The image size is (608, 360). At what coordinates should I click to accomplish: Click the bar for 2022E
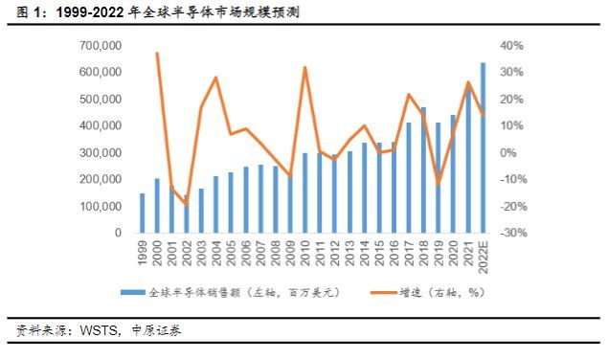[483, 147]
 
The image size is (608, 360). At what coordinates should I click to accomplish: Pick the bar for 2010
[304, 192]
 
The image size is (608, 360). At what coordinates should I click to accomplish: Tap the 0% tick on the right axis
[509, 153]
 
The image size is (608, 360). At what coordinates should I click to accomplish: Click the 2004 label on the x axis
[216, 255]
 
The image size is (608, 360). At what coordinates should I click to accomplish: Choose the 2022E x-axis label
[483, 259]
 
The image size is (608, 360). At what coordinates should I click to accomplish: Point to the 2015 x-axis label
[379, 255]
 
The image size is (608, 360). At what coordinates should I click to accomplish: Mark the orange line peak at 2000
[157, 54]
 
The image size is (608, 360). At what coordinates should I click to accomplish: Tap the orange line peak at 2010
[304, 68]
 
